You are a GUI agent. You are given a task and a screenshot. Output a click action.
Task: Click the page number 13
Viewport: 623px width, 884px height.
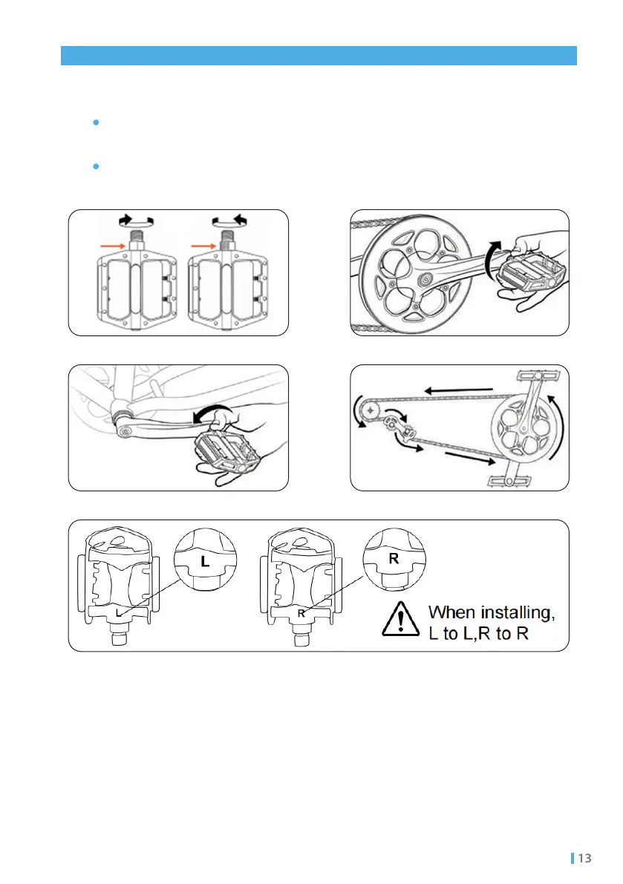click(x=584, y=859)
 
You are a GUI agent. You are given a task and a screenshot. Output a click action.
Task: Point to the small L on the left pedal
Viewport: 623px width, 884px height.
click(x=118, y=613)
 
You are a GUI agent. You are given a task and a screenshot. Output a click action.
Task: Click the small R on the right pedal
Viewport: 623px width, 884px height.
click(x=301, y=614)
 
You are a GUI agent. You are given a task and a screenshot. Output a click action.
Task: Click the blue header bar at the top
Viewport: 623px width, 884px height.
click(x=319, y=56)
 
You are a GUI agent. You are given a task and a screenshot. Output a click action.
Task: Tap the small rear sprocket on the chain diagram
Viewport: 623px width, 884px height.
click(x=368, y=409)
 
